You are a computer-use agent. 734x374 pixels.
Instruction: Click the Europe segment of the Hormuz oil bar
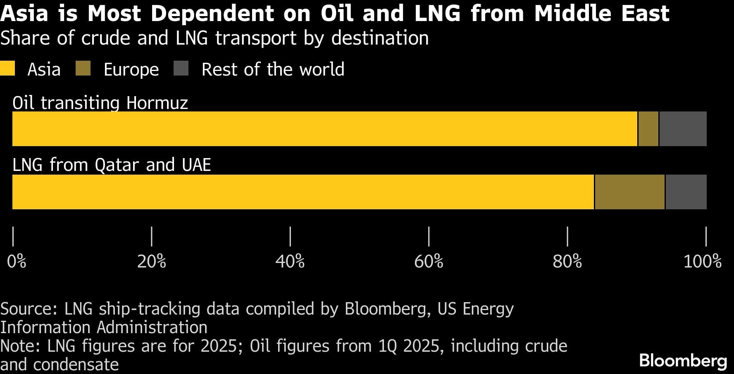[648, 129]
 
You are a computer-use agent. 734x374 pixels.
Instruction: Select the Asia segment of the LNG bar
[303, 192]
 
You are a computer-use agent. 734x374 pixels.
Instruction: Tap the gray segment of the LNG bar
[686, 192]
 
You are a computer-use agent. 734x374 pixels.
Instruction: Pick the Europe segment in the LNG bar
[629, 192]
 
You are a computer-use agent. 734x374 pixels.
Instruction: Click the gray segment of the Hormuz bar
[683, 129]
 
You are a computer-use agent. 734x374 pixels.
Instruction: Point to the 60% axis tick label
[429, 262]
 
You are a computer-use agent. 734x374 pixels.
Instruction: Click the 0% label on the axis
[17, 262]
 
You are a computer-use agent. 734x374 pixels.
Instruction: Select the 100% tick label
[702, 262]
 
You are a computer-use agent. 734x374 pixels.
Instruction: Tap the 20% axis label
[152, 262]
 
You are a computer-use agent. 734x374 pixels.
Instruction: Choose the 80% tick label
[567, 262]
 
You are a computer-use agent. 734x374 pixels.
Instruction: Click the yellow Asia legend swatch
[7, 69]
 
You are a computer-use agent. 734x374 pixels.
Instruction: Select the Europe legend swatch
[83, 69]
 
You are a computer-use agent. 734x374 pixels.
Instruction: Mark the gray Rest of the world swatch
[181, 69]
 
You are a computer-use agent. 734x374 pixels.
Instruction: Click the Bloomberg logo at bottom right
[683, 360]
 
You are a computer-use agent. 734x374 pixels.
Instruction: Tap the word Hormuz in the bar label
[157, 103]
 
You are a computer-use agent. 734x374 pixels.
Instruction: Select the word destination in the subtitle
[380, 38]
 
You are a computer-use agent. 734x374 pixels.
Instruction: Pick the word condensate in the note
[76, 365]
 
